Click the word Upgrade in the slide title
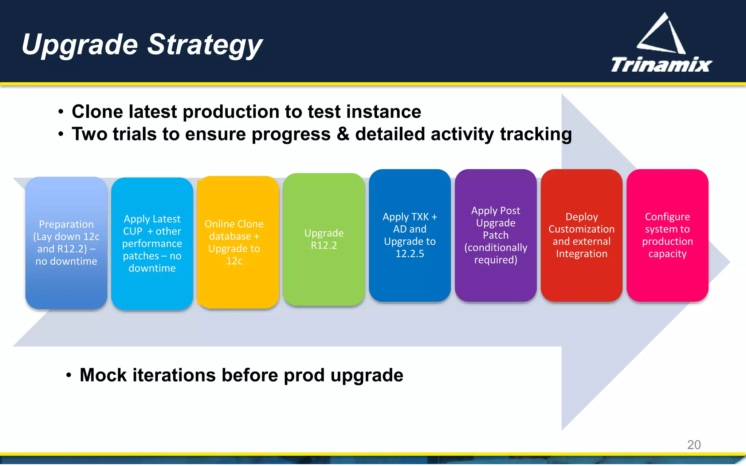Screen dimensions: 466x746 click(80, 44)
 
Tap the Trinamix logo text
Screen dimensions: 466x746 click(661, 65)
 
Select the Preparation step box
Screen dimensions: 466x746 click(66, 242)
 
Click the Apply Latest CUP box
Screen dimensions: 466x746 click(152, 243)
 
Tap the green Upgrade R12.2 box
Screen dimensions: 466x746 click(324, 239)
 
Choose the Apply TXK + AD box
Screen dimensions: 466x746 click(409, 235)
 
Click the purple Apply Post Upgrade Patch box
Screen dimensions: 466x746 click(495, 235)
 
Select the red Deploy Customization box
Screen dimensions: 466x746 click(581, 235)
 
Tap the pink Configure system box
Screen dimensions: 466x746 click(667, 235)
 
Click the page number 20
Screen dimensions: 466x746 click(694, 445)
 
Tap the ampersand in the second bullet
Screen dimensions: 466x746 click(343, 134)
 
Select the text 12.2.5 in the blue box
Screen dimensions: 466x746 click(410, 254)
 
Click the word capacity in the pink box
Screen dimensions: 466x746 click(667, 254)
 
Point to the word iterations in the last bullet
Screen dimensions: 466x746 click(174, 375)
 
